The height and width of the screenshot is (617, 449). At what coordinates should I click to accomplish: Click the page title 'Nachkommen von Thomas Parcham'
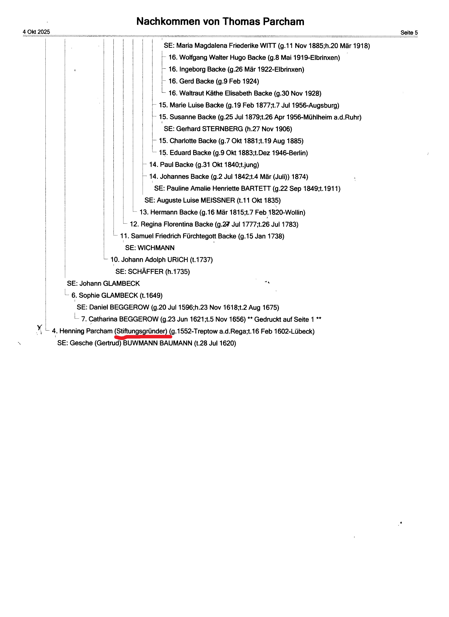[x=220, y=22]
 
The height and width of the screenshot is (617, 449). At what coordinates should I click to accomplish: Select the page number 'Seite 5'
[x=409, y=33]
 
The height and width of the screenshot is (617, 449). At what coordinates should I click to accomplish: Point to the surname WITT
[x=268, y=46]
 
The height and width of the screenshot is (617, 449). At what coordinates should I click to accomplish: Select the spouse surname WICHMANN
[x=156, y=248]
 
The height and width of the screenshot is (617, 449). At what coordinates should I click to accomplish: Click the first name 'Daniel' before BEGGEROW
[x=99, y=307]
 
